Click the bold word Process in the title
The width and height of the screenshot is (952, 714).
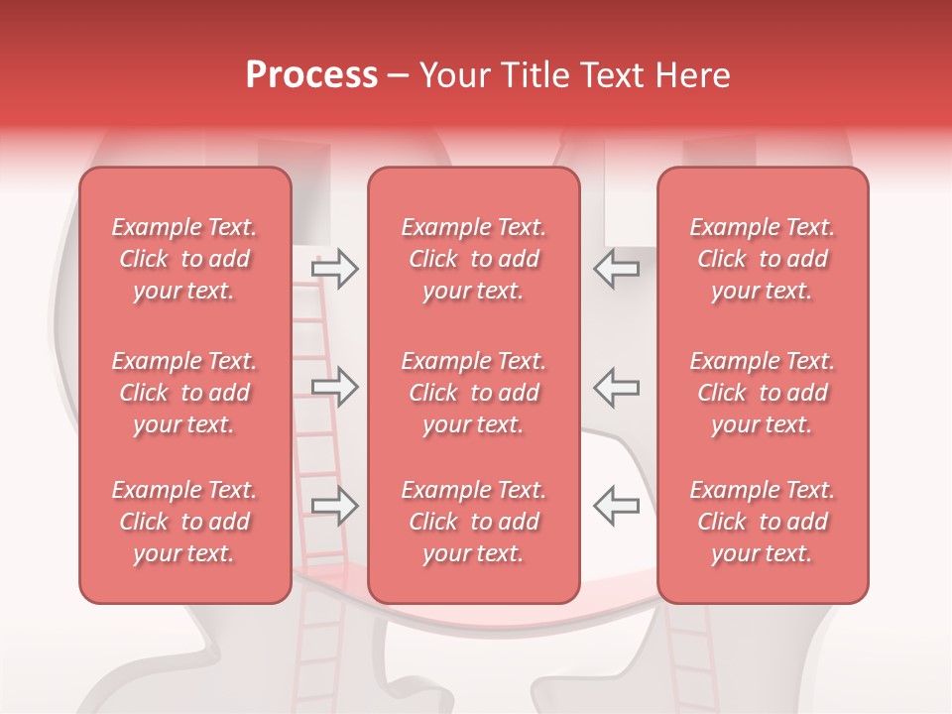point(311,75)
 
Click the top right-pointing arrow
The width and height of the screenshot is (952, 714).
point(335,270)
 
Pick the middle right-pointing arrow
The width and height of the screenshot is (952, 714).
point(335,387)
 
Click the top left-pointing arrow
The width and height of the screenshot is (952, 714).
point(617,270)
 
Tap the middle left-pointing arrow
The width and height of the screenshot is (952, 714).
point(617,387)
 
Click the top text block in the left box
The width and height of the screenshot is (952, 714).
point(184,259)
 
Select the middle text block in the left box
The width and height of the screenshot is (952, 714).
point(184,393)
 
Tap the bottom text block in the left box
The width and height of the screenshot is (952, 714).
point(184,522)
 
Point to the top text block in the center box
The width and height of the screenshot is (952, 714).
point(474,259)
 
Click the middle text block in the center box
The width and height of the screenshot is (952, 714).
point(474,393)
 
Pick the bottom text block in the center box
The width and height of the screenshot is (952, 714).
point(474,522)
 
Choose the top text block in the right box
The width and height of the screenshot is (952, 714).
point(763,259)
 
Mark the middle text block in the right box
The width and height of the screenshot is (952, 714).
point(763,393)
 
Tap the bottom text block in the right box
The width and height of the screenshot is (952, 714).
point(763,522)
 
